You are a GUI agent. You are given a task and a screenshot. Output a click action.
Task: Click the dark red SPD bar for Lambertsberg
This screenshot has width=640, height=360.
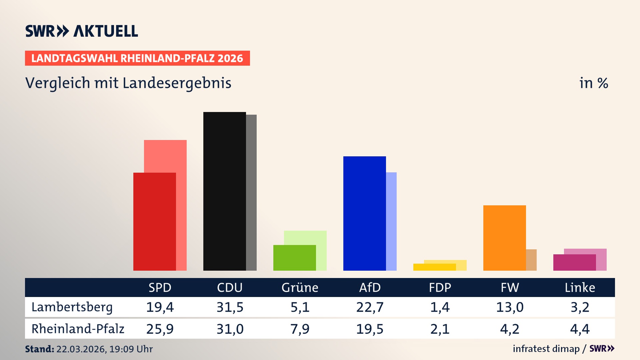(x=154, y=222)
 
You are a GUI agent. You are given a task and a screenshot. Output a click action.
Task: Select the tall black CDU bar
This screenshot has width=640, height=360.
(x=224, y=191)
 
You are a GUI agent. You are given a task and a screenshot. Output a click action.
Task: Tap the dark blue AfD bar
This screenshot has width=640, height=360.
(x=364, y=213)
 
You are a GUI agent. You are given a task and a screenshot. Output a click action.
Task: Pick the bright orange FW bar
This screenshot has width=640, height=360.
(x=504, y=238)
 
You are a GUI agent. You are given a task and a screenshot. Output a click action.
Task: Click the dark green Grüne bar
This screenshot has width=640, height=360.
(x=294, y=258)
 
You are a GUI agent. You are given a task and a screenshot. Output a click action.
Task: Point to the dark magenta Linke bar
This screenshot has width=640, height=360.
(x=574, y=262)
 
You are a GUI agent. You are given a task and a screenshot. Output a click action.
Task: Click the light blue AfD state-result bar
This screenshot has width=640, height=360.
(x=391, y=221)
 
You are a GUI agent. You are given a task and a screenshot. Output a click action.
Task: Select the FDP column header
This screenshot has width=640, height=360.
(x=440, y=288)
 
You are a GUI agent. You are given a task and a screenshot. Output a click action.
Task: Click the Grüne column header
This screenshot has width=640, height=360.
(x=300, y=288)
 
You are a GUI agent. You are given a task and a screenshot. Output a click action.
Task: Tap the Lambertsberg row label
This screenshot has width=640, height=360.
(x=72, y=307)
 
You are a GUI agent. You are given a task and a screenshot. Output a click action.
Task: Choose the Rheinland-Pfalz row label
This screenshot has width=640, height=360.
(x=78, y=329)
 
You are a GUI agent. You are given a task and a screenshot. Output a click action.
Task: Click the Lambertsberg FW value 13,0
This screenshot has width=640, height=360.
(x=510, y=307)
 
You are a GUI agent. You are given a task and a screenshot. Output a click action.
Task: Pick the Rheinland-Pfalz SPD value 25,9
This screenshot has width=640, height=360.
(x=160, y=329)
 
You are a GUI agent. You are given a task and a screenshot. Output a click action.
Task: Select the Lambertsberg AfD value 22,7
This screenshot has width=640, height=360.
(x=370, y=307)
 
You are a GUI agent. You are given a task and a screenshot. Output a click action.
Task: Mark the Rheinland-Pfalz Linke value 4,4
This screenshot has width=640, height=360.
(x=580, y=329)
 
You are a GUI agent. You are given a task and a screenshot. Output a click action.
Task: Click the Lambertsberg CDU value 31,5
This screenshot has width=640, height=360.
(x=230, y=307)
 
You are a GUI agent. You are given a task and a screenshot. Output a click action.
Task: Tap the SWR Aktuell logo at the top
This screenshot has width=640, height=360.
(x=82, y=31)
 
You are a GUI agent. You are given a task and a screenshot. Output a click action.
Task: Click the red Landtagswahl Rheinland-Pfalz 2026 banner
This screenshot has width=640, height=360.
(x=137, y=58)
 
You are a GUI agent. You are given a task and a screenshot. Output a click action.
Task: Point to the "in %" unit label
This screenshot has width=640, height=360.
(x=593, y=83)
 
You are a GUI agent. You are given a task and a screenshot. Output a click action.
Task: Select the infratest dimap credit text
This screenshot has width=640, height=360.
(x=546, y=349)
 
